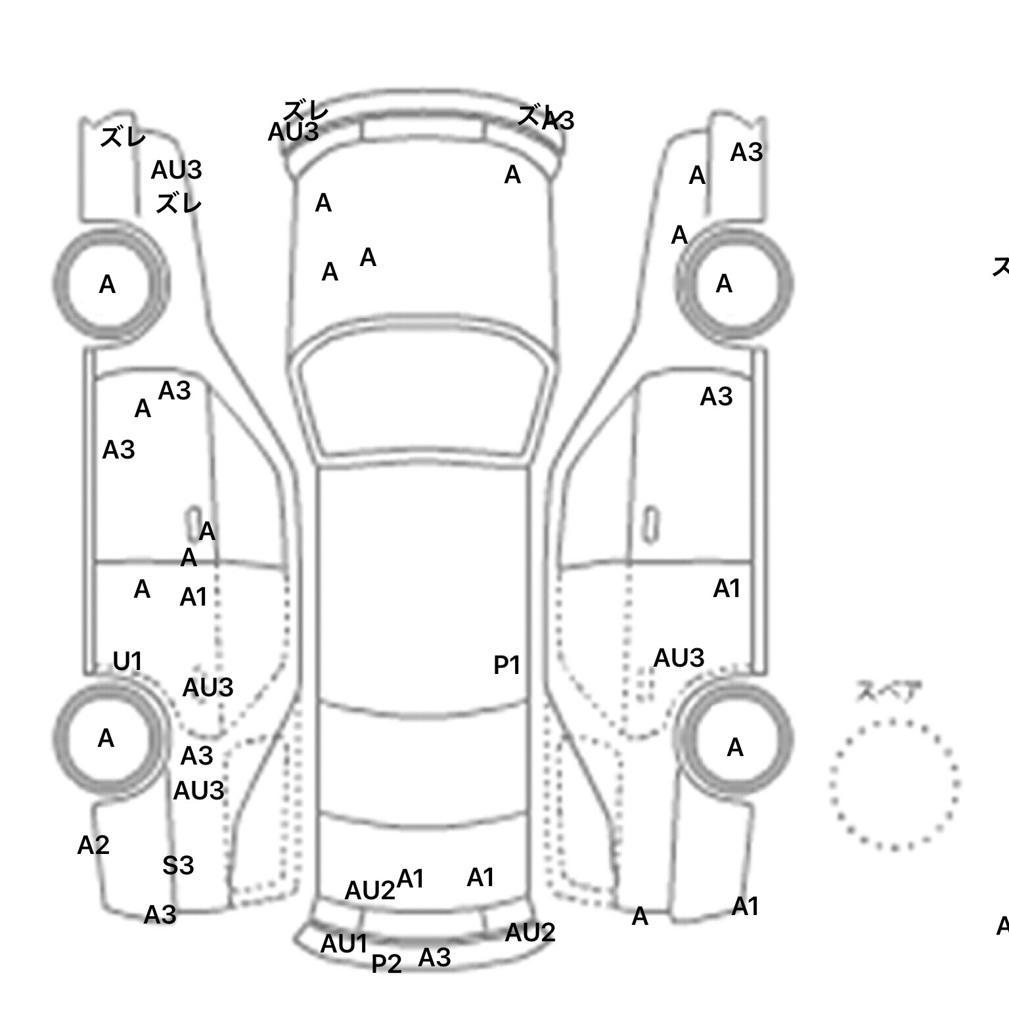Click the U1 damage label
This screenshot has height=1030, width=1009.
127,661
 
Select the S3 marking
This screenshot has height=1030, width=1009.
178,865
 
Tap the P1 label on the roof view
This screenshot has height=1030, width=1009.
506,665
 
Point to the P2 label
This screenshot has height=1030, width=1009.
386,964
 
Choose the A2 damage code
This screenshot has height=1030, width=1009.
93,845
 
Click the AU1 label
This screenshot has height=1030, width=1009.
344,944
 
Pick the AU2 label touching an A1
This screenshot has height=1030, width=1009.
370,891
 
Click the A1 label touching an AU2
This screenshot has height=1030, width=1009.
411,878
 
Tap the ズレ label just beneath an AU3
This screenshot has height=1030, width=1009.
178,203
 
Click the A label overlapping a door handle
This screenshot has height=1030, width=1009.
206,531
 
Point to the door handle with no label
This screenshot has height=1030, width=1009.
650,524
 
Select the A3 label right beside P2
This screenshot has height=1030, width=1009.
434,958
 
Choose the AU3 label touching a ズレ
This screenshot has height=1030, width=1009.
293,132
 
